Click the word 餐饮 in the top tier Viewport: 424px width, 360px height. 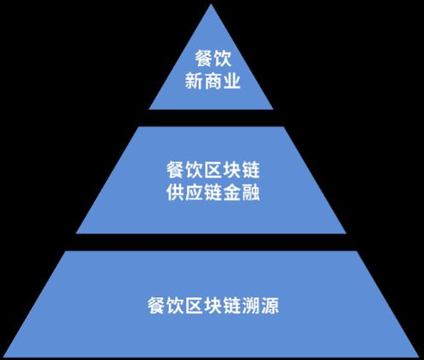212,59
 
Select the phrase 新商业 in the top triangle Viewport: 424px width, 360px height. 212,82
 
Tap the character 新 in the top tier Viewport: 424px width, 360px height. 194,82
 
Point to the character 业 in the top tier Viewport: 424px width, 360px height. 232,82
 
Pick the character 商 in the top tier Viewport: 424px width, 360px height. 212,82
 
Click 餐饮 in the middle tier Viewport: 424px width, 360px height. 184,170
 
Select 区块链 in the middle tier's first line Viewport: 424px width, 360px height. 232,170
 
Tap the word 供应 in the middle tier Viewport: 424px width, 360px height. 184,193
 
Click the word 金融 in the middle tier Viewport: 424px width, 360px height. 241,193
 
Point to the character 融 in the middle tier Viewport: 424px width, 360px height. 251,193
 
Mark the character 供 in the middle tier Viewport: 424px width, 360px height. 175,193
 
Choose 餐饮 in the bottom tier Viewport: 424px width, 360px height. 166,305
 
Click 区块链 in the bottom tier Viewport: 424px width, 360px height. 213,305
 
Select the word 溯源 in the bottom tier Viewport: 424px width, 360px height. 260,305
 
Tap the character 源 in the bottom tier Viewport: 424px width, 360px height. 270,305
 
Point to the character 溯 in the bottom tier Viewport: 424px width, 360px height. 251,305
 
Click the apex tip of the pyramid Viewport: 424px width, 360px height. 211,4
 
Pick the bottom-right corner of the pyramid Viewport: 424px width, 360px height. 419,357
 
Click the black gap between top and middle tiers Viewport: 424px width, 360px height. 211,118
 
